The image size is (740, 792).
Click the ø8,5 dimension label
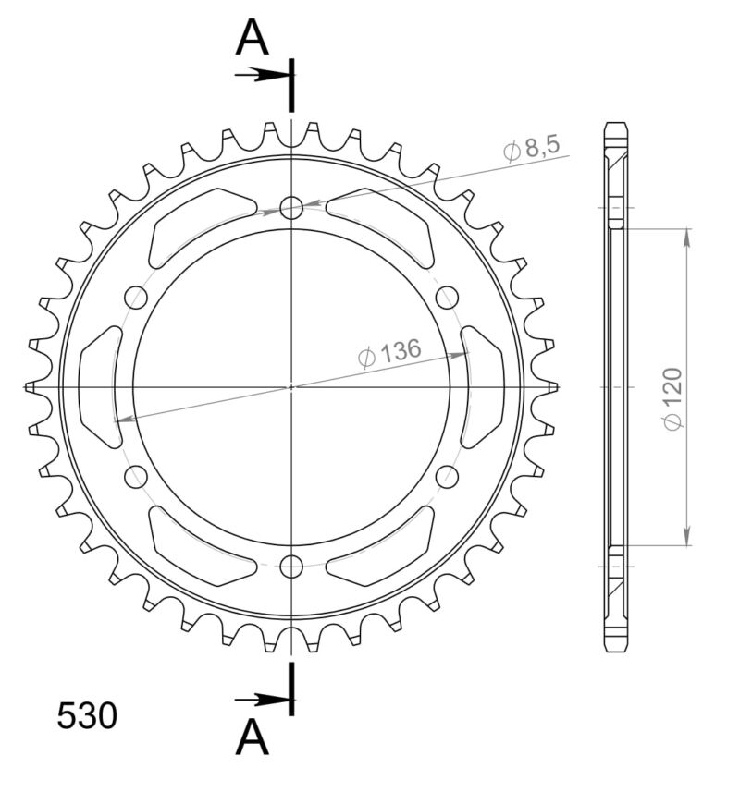point(533,150)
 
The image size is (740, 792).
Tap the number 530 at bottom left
point(87,716)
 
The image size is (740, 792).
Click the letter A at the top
point(252,39)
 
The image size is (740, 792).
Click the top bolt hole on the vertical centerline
point(292,208)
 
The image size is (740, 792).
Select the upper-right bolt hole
point(448,297)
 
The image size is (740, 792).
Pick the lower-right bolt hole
point(448,477)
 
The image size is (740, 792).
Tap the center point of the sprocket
point(292,386)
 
